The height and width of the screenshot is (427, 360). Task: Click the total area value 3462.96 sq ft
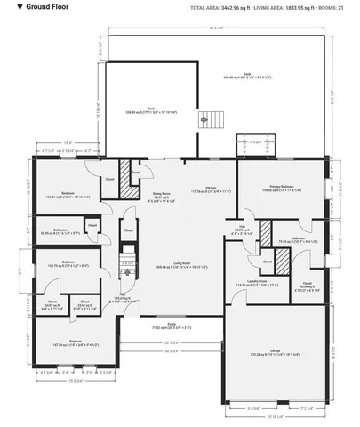point(238,7)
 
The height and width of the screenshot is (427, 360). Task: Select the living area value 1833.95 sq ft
point(298,7)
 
